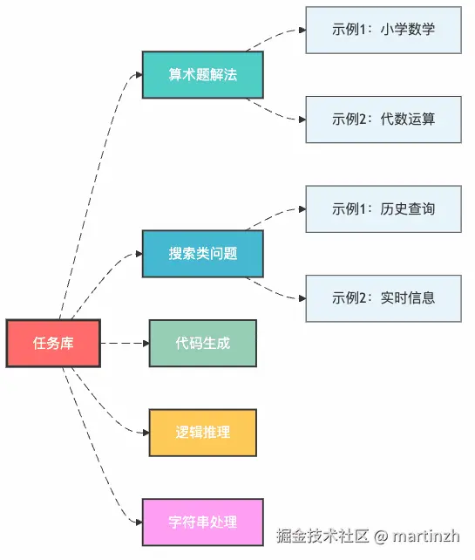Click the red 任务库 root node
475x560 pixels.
[53, 344]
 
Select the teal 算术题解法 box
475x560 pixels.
[202, 75]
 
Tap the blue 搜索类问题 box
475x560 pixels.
[202, 254]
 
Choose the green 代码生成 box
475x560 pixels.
[202, 343]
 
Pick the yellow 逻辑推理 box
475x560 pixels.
[202, 433]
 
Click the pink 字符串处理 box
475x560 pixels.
[202, 522]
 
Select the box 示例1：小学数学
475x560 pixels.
[383, 30]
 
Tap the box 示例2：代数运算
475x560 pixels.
[383, 120]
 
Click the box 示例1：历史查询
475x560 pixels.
[383, 208]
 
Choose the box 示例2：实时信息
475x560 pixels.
[383, 298]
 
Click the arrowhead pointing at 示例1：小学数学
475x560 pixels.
[301, 30]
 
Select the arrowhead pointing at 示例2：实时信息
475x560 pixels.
[301, 298]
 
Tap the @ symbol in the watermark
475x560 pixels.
[381, 535]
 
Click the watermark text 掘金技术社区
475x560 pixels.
[323, 535]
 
